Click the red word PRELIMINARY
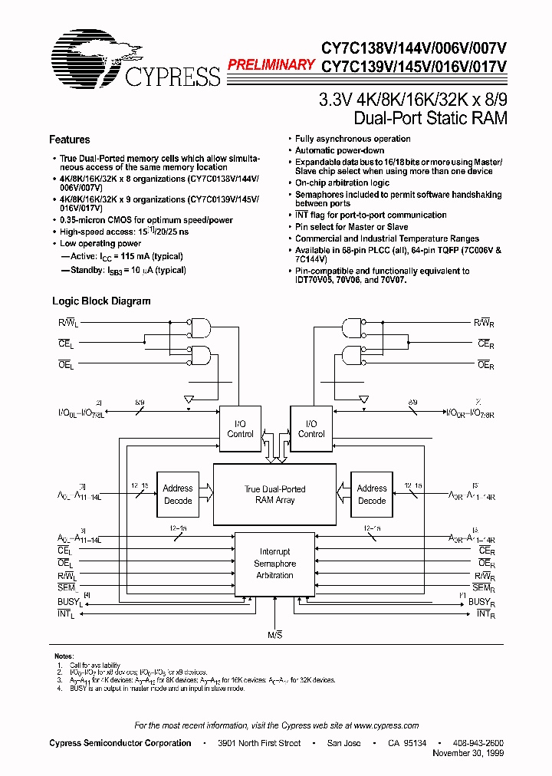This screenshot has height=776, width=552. point(271,65)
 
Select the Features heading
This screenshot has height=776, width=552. point(69,140)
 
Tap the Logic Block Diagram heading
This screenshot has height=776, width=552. point(101,301)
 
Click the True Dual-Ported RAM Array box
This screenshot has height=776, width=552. point(274,495)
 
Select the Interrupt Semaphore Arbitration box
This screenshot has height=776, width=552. point(274,564)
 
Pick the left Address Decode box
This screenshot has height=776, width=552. point(178,495)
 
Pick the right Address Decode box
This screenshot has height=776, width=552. point(372,495)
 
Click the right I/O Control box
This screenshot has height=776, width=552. point(310,429)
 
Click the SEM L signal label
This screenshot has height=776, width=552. point(66,587)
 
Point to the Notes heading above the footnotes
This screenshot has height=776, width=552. point(64,656)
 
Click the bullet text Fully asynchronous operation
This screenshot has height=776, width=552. point(353,139)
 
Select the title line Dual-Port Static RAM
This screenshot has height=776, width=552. point(430,118)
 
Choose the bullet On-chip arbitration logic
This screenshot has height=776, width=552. point(342,183)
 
